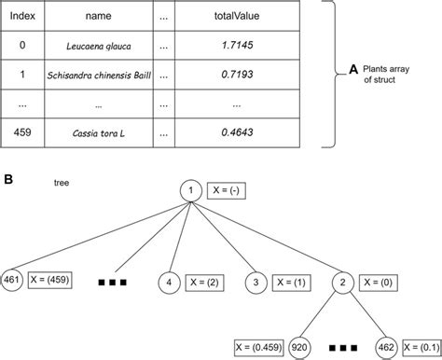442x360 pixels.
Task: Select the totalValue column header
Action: point(231,16)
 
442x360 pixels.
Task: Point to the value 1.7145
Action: point(231,45)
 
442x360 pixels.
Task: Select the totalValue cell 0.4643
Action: point(231,132)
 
